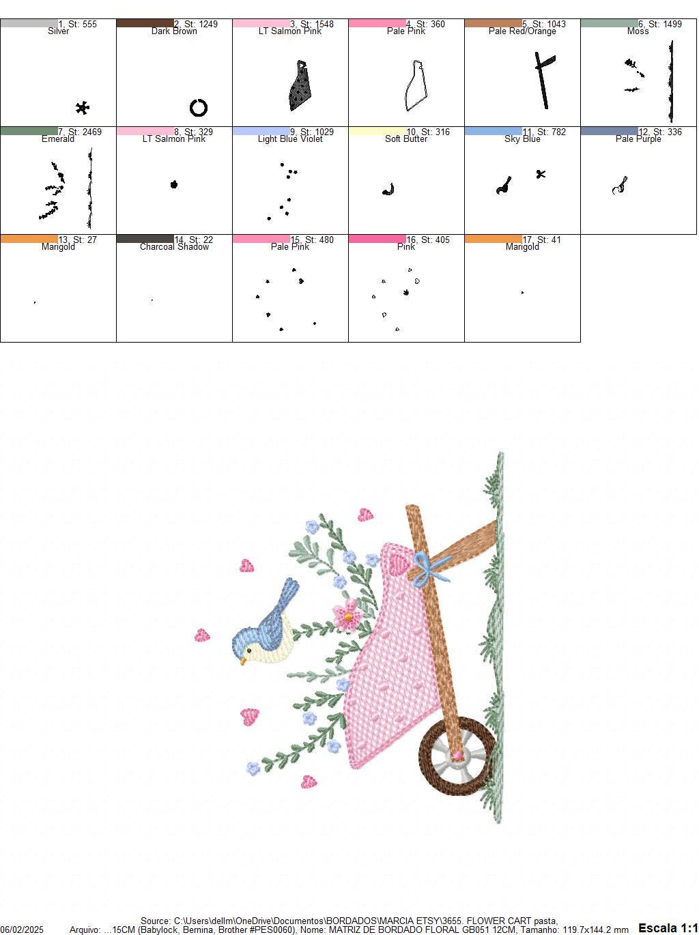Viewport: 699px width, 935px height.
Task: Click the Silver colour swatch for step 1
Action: pos(29,23)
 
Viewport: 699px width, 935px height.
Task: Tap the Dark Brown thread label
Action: pos(174,31)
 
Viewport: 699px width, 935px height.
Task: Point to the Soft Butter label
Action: pos(406,139)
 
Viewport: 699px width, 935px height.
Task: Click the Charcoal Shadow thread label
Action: pos(174,247)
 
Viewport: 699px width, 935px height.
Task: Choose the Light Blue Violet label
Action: pos(290,139)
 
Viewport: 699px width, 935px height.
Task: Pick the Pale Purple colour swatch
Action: pos(610,131)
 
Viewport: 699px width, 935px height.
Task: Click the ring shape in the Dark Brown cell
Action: pos(198,108)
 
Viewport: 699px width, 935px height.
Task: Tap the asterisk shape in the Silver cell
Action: pos(83,108)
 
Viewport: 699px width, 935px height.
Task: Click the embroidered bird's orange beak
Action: pos(242,661)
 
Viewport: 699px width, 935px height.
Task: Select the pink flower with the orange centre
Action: pos(347,614)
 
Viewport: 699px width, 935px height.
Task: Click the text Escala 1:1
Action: pos(668,927)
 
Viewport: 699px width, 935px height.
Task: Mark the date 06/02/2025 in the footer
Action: pos(22,930)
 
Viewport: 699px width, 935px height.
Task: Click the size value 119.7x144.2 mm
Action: pos(594,930)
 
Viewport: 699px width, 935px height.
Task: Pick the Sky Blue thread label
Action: pos(522,139)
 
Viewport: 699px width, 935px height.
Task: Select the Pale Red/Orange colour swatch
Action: pos(493,23)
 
